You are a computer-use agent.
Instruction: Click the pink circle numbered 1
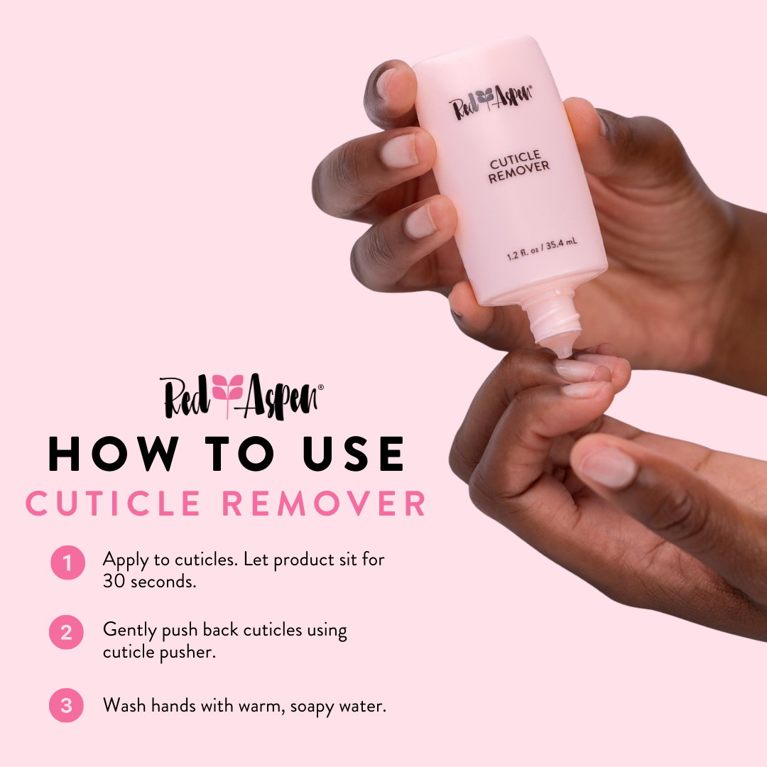pyautogui.click(x=67, y=564)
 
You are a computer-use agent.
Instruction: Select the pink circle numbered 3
pyautogui.click(x=66, y=705)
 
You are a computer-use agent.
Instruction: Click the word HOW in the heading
pyautogui.click(x=112, y=455)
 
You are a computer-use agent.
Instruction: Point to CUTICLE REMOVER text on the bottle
pyautogui.click(x=519, y=167)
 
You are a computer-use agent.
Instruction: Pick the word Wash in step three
pyautogui.click(x=124, y=706)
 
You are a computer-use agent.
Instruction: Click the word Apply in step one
pyautogui.click(x=124, y=560)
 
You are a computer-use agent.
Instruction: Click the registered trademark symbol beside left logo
pyautogui.click(x=321, y=387)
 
